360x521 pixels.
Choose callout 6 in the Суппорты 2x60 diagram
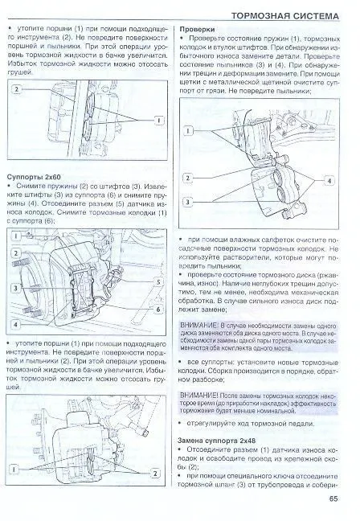(161, 309)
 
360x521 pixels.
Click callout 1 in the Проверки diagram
(187, 129)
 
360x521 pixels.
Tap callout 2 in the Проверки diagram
(187, 178)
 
